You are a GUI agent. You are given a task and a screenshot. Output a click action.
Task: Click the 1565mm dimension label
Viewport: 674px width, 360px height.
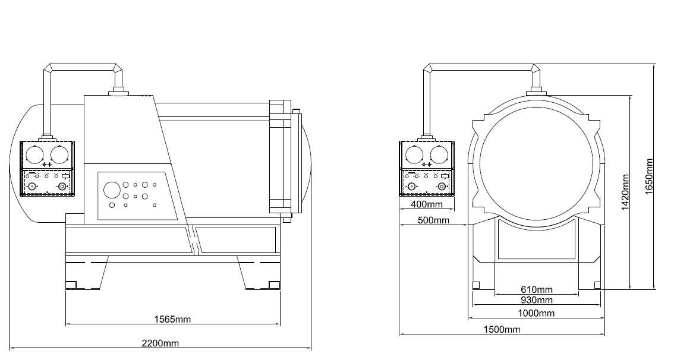click(172, 319)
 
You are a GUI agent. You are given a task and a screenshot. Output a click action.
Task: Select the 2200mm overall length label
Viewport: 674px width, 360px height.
click(160, 343)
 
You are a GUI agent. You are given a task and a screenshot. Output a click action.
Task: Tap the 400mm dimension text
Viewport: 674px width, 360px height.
click(427, 205)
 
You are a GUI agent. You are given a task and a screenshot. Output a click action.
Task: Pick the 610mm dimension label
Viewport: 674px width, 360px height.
click(536, 290)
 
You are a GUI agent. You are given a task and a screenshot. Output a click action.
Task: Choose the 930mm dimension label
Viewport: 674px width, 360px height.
click(536, 300)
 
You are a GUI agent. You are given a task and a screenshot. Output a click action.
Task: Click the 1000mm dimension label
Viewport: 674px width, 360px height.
click(536, 313)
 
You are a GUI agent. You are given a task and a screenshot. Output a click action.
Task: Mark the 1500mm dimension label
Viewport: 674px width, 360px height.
click(502, 330)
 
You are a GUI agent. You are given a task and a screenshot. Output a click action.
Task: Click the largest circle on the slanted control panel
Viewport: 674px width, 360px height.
click(112, 190)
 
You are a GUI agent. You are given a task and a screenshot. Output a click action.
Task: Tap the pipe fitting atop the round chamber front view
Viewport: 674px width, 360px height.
click(536, 91)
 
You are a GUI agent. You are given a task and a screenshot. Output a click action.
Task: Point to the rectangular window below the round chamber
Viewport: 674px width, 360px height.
click(536, 239)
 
